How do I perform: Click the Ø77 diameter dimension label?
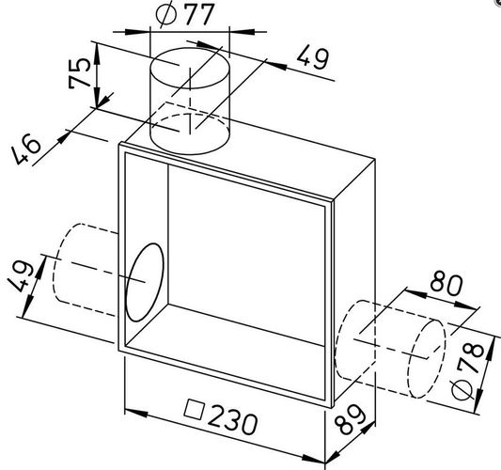point(184,14)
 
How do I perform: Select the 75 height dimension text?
point(79,72)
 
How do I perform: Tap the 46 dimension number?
point(26,149)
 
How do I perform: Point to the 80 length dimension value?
point(446,285)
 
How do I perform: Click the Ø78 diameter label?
point(468,370)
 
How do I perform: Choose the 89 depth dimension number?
point(351,419)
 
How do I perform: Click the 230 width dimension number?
point(232,422)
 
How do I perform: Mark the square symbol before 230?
point(194,409)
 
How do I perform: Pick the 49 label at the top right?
point(312,58)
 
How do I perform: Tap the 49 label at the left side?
point(21,276)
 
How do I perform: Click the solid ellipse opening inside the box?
point(145,282)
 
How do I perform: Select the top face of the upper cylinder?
point(190,68)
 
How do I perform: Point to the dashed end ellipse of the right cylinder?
point(426,358)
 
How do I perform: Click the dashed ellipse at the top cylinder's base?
point(190,134)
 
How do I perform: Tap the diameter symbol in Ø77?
point(166,15)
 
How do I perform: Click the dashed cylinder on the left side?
point(86,270)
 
